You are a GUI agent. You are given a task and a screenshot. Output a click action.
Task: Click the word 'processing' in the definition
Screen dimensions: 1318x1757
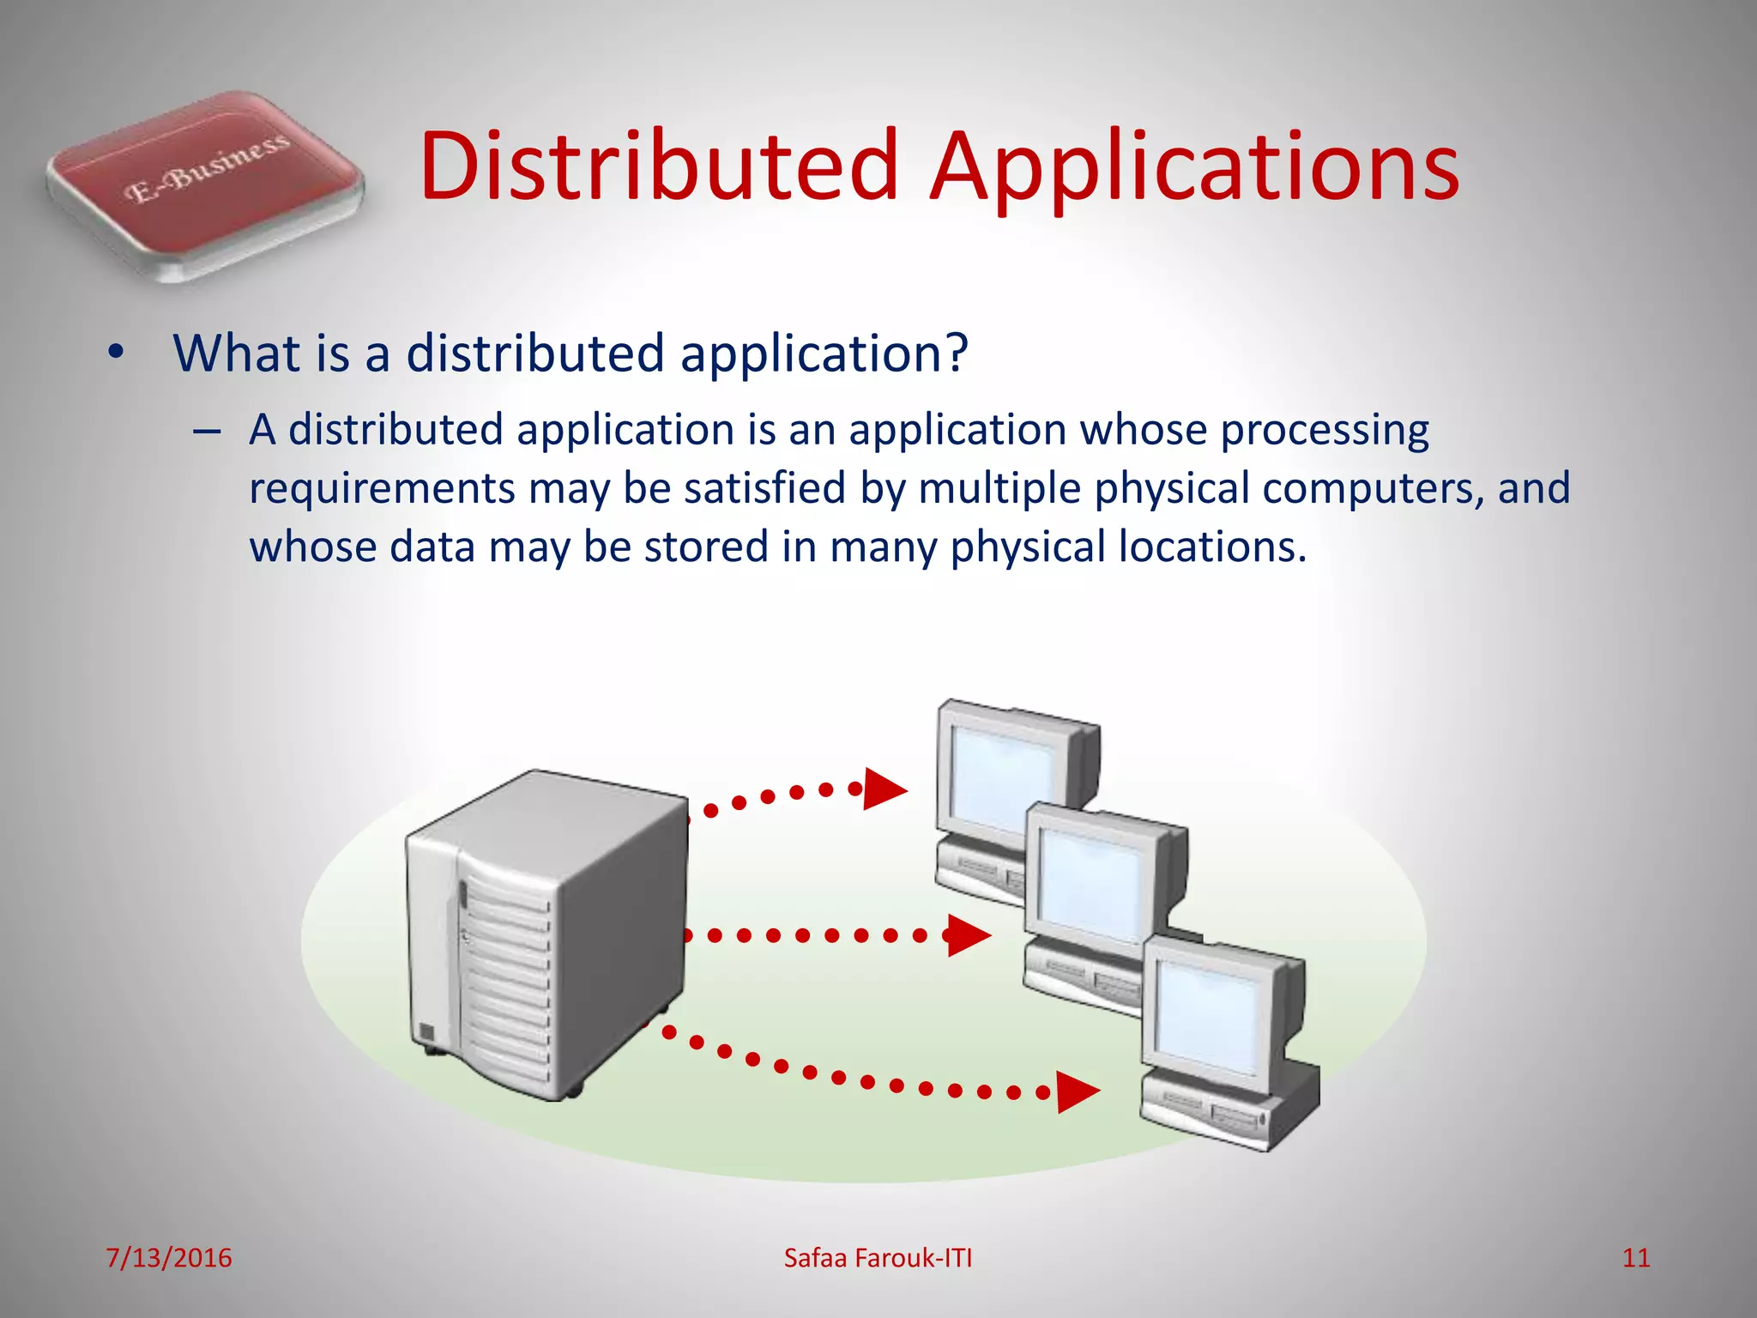[1325, 431]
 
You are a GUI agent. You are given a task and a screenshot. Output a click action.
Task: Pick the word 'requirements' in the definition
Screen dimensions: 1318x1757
[382, 489]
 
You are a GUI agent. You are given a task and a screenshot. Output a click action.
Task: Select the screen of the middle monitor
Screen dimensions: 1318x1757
[1090, 884]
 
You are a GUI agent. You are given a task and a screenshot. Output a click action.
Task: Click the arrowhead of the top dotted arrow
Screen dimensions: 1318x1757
[884, 789]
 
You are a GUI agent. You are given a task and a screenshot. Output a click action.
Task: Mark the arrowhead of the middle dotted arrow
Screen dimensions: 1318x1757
[968, 935]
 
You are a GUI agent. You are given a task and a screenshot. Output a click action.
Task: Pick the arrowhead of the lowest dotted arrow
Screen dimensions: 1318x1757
[1076, 1092]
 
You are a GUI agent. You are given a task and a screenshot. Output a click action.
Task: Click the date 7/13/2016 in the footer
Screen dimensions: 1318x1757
[169, 1258]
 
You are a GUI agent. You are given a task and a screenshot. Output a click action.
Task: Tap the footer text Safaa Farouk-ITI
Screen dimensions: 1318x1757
[878, 1258]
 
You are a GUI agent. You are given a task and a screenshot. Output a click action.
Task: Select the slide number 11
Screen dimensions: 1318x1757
[1636, 1258]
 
